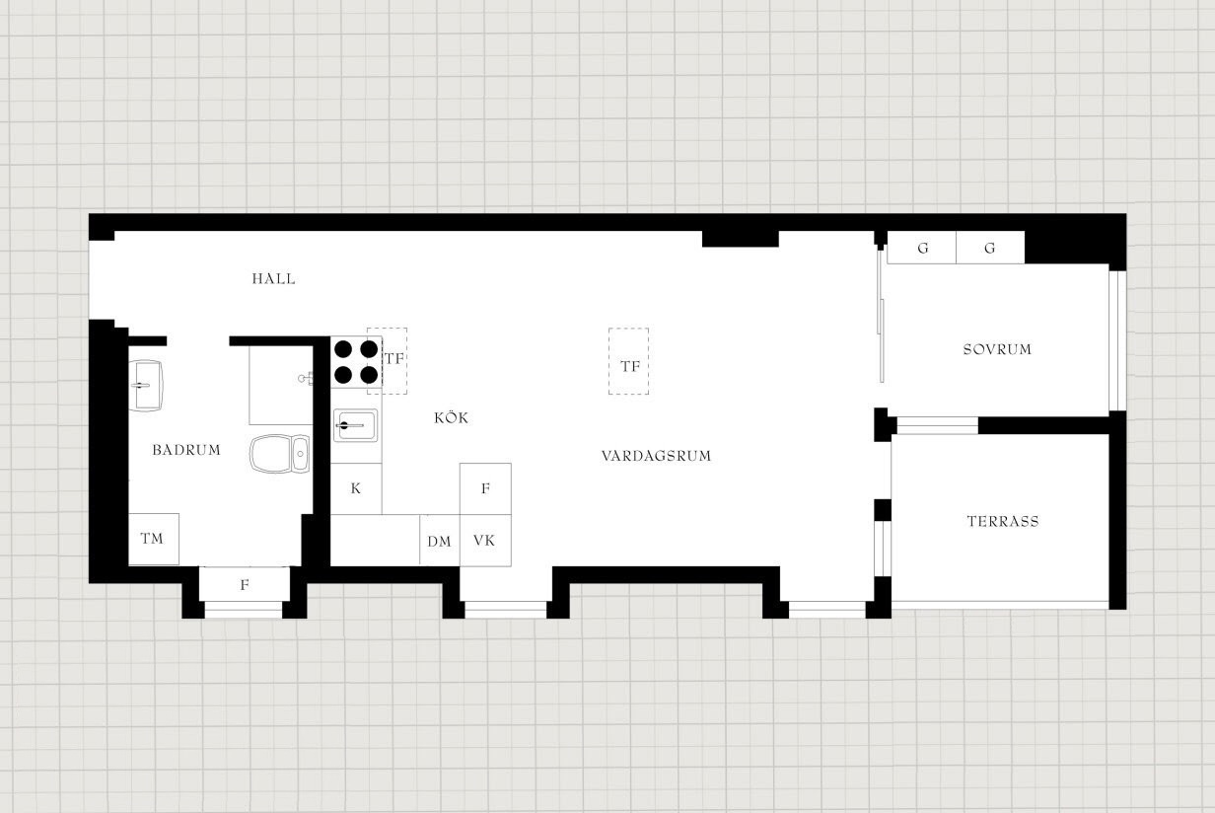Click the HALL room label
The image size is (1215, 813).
click(x=274, y=279)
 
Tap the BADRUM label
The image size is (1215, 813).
click(x=186, y=450)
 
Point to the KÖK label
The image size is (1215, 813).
click(x=451, y=417)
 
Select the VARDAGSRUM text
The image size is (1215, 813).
click(x=656, y=456)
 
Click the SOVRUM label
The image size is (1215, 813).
click(x=997, y=349)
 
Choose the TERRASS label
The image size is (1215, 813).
click(x=1003, y=522)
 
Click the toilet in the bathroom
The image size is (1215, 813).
click(x=280, y=453)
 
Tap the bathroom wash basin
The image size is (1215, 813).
click(x=146, y=386)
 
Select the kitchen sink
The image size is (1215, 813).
click(x=355, y=425)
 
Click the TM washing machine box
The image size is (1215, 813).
click(x=154, y=539)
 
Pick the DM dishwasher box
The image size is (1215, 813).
click(x=440, y=541)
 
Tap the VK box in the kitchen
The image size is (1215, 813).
click(x=485, y=541)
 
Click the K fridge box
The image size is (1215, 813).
click(x=356, y=488)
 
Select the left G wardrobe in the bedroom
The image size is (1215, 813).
click(x=921, y=248)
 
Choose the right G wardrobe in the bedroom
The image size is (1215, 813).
click(x=990, y=248)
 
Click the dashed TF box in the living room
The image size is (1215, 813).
click(x=628, y=361)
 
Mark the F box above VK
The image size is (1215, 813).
click(x=485, y=489)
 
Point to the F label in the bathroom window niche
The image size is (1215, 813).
click(x=245, y=585)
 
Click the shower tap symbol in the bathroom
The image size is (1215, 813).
click(x=306, y=378)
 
